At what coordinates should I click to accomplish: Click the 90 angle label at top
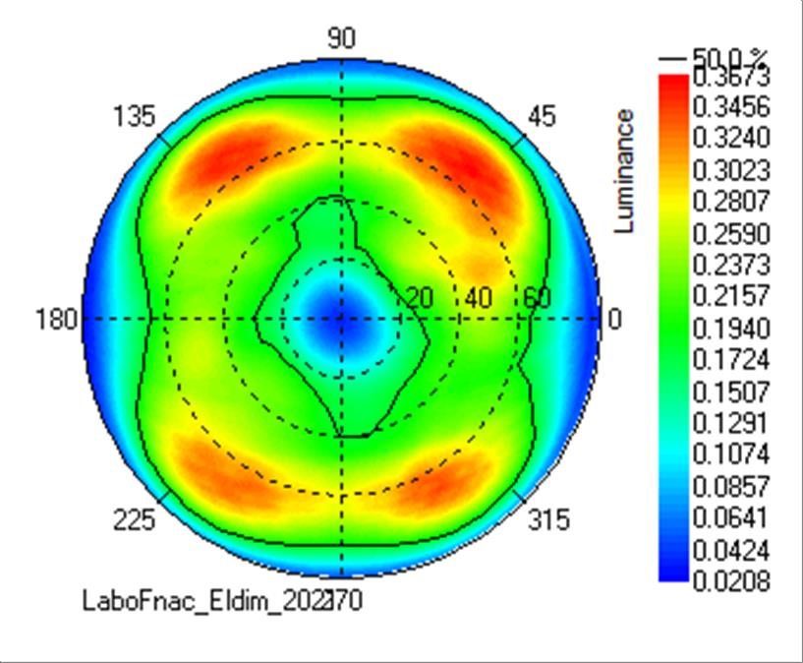pyautogui.click(x=341, y=38)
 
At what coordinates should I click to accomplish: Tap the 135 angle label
pyautogui.click(x=134, y=117)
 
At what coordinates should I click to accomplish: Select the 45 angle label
pyautogui.click(x=541, y=117)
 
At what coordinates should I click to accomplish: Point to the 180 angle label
pyautogui.click(x=57, y=320)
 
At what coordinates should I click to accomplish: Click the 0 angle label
pyautogui.click(x=615, y=319)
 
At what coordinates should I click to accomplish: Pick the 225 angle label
pyautogui.click(x=134, y=520)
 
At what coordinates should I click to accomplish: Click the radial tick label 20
pyautogui.click(x=420, y=298)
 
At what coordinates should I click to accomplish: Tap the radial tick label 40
pyautogui.click(x=479, y=298)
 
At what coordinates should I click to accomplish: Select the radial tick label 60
pyautogui.click(x=537, y=298)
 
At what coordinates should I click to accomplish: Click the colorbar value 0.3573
pyautogui.click(x=730, y=76)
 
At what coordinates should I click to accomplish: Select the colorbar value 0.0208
pyautogui.click(x=730, y=581)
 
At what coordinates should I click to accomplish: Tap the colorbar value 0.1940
pyautogui.click(x=730, y=329)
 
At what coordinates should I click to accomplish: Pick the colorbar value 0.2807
pyautogui.click(x=730, y=202)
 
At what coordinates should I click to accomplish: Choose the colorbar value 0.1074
pyautogui.click(x=730, y=455)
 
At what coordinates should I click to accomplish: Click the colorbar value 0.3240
pyautogui.click(x=730, y=139)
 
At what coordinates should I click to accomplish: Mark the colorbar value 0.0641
pyautogui.click(x=730, y=518)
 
